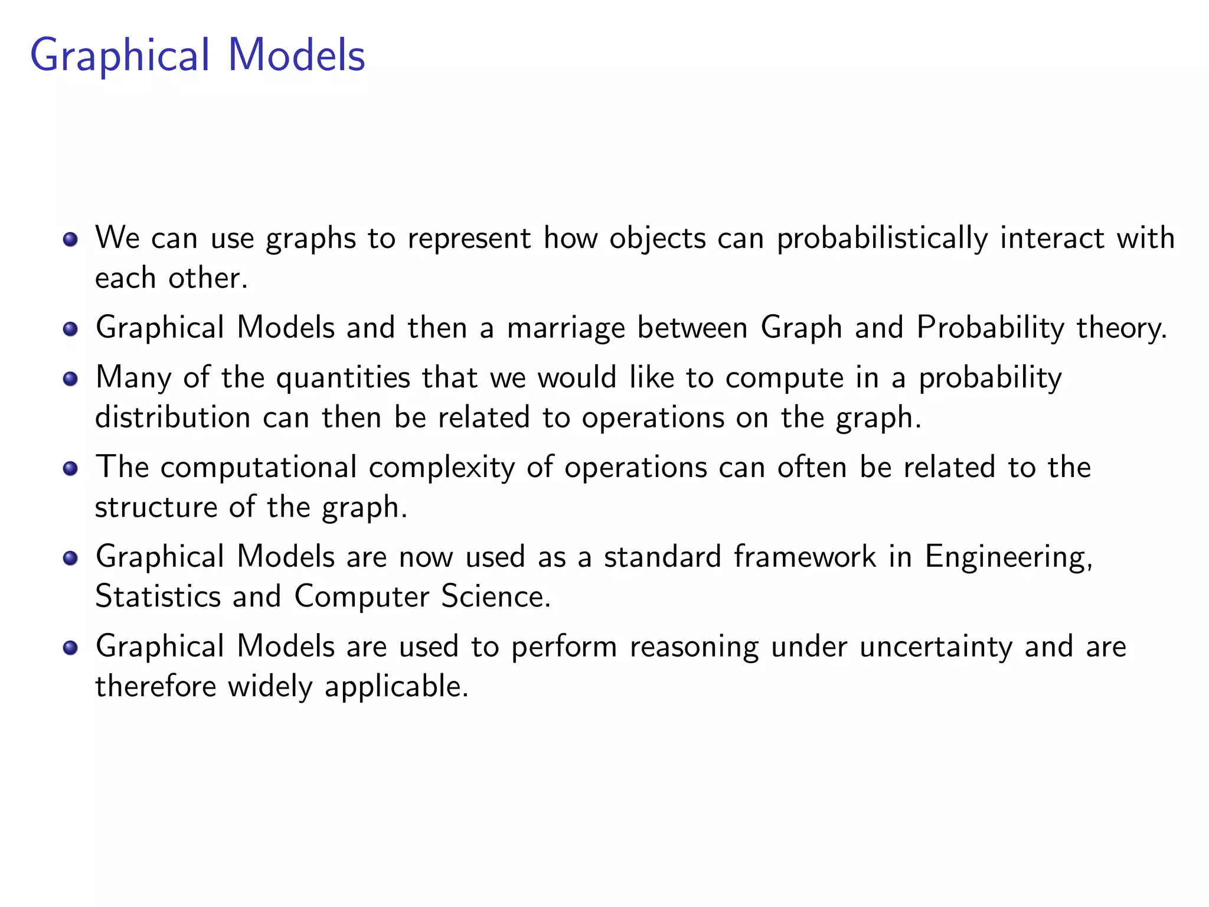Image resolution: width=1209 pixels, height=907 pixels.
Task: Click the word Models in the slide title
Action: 296,55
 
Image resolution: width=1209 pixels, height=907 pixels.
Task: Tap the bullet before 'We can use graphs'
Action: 70,239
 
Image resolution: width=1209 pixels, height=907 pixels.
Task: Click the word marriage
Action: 566,328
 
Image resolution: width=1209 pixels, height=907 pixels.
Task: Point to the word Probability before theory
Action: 989,328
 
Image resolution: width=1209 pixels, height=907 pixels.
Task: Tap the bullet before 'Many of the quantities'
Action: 70,379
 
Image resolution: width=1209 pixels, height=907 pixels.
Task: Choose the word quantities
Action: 343,379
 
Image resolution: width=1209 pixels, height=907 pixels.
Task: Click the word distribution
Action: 172,417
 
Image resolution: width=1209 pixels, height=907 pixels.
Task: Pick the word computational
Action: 258,467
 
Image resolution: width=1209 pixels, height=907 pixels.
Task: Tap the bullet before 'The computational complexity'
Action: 70,468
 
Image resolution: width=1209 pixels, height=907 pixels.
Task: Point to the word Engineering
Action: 1008,557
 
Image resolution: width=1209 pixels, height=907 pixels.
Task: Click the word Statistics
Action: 158,596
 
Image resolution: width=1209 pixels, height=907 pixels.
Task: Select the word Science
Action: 495,596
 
